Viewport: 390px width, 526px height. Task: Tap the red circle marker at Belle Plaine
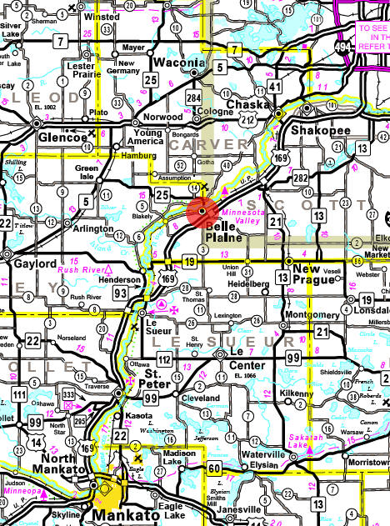202,212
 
